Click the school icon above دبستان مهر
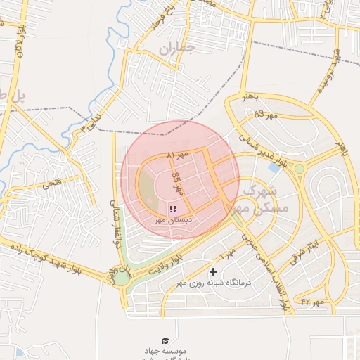point(173,209)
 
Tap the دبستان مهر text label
point(173,220)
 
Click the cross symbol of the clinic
point(214,271)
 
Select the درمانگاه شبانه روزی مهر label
point(214,283)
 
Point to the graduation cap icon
point(165,340)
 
